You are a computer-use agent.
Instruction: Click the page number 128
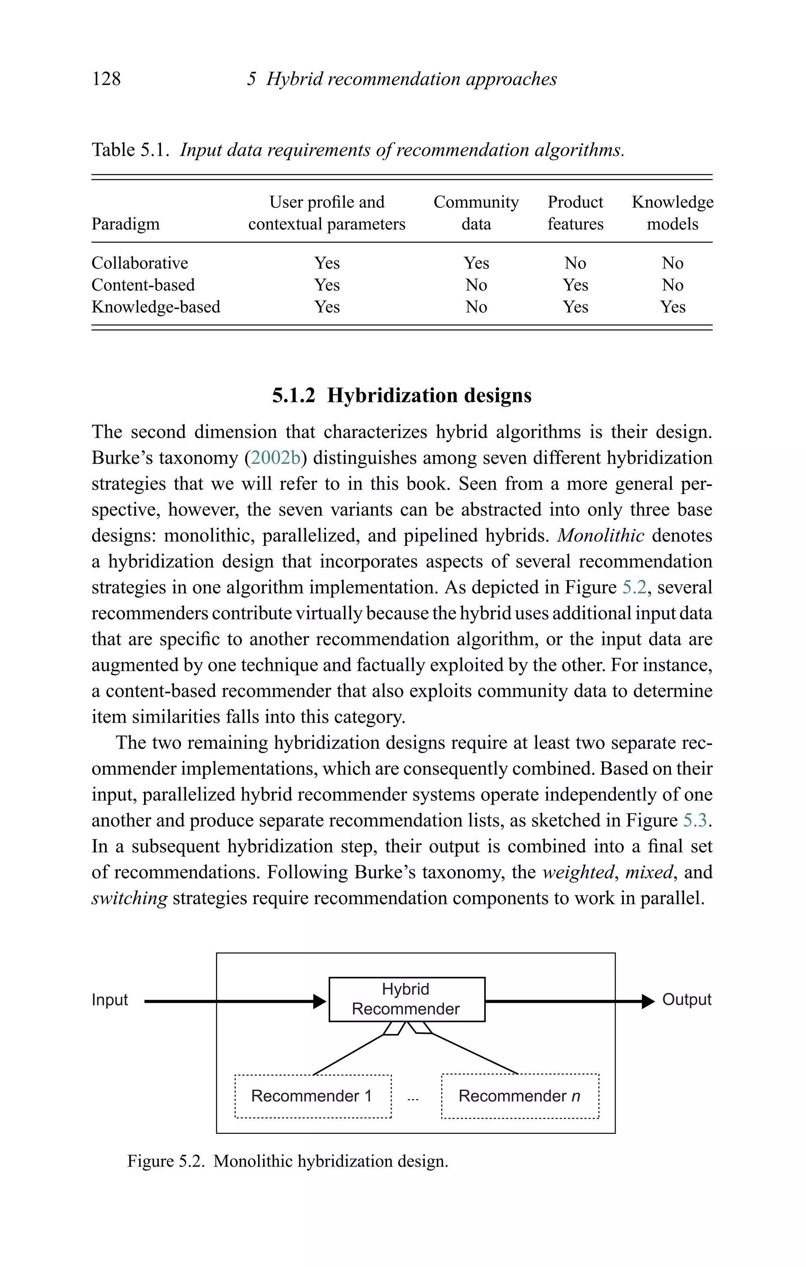[106, 79]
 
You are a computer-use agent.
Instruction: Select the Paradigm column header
[125, 224]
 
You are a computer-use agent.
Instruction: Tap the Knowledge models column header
[672, 213]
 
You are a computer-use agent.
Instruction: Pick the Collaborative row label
[139, 263]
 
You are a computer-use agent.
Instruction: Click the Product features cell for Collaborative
[575, 263]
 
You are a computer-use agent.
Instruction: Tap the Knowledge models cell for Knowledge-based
[672, 307]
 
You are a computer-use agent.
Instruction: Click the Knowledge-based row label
[156, 307]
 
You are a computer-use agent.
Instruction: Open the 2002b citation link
[275, 458]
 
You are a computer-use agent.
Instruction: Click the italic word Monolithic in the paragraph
[600, 535]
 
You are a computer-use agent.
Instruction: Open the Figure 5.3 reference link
[695, 820]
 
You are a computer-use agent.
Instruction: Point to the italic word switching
[129, 898]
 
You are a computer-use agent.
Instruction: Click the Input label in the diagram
[109, 1000]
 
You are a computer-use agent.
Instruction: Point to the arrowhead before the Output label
[648, 1001]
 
